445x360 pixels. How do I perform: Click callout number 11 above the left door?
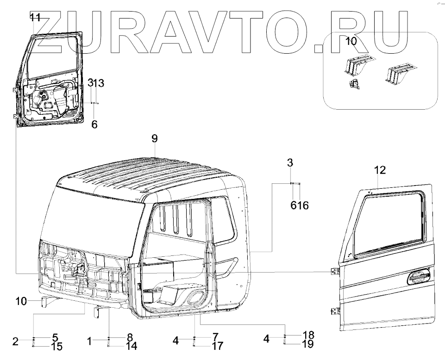click(x=36, y=18)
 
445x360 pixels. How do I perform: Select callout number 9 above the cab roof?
click(x=155, y=138)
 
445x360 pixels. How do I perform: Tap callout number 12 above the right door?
click(x=380, y=170)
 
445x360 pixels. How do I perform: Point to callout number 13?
click(x=99, y=83)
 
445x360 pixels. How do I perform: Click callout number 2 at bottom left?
click(x=15, y=342)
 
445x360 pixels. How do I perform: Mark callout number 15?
click(x=56, y=346)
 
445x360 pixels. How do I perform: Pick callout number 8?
click(x=130, y=337)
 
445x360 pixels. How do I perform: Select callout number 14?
click(x=131, y=346)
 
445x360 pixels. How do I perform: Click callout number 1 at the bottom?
click(x=89, y=341)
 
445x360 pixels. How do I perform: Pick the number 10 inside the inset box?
click(x=351, y=41)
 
